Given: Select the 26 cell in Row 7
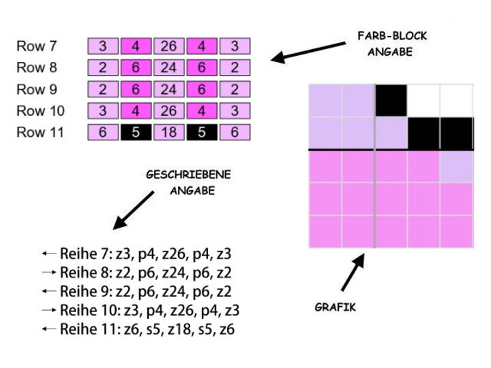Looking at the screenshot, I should pyautogui.click(x=168, y=47).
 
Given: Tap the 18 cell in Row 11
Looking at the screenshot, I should pyautogui.click(x=168, y=132).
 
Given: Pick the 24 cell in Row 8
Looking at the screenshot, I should pyautogui.click(x=168, y=68).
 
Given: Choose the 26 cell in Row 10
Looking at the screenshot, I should pyautogui.click(x=168, y=111).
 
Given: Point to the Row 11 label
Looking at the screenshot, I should pyautogui.click(x=40, y=132).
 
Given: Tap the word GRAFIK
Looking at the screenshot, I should pyautogui.click(x=335, y=307).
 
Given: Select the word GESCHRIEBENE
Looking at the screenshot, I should pyautogui.click(x=189, y=175).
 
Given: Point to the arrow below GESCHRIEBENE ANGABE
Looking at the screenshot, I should pyautogui.click(x=134, y=210).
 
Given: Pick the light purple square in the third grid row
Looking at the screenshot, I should pyautogui.click(x=456, y=166).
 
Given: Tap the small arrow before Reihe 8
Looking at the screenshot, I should pyautogui.click(x=48, y=272).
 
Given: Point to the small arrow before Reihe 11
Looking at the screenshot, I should pyautogui.click(x=48, y=329).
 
